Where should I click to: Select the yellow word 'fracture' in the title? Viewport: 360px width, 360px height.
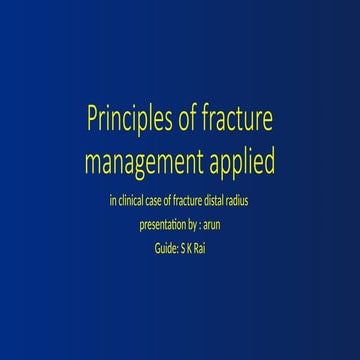click(237, 124)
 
